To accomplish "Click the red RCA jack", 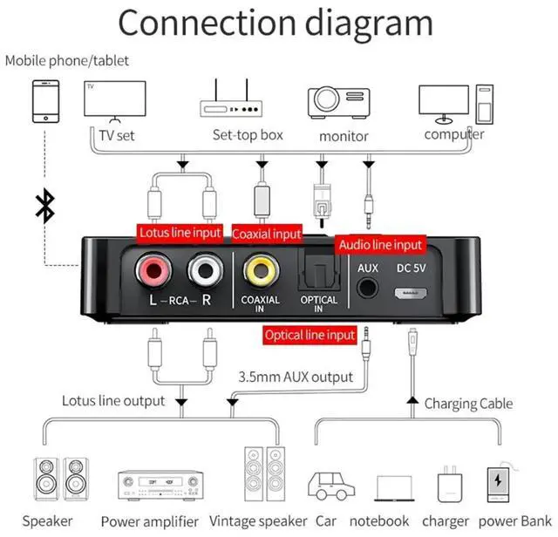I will click(152, 271).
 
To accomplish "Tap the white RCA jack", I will click(206, 271).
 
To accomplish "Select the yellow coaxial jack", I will click(260, 271).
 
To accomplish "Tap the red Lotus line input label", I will click(181, 233).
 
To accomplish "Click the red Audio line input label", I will click(380, 245).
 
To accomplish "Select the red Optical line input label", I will click(311, 335).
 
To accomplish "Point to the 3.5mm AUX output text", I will click(296, 377).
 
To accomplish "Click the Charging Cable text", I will click(467, 404).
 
